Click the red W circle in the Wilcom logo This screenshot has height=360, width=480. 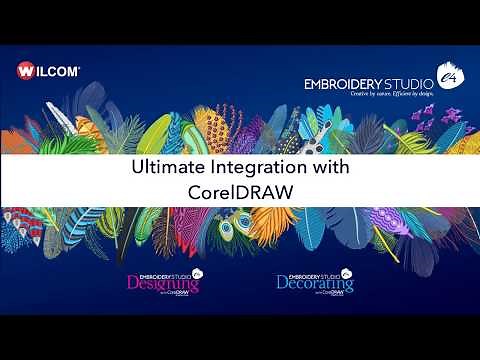point(27,71)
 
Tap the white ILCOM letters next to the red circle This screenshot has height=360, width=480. point(58,71)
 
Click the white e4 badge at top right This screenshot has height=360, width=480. point(449,76)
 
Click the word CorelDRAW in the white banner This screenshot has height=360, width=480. point(240,191)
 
